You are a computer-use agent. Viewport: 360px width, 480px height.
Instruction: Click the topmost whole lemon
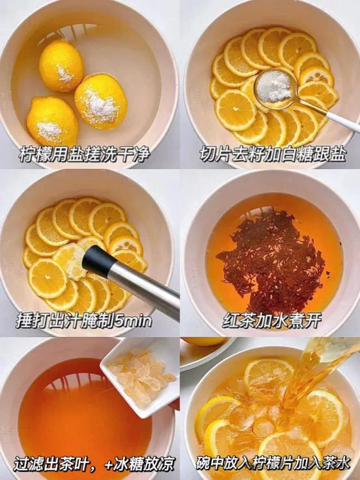click(x=61, y=66)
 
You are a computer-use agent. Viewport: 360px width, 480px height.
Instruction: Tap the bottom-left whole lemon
click(x=52, y=121)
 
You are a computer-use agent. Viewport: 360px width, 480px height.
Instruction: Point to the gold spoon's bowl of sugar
click(x=273, y=86)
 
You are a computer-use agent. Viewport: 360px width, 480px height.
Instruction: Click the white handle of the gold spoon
click(x=342, y=122)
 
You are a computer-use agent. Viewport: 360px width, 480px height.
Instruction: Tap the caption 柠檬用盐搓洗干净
click(x=84, y=155)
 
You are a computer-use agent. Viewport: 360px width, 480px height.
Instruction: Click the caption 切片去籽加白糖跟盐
click(x=273, y=155)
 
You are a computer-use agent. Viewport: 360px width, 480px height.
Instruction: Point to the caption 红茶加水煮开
click(x=271, y=321)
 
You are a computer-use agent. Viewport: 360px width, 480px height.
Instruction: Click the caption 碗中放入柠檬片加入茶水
click(x=273, y=464)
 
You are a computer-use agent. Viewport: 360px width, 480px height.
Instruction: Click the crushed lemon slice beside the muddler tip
click(x=70, y=261)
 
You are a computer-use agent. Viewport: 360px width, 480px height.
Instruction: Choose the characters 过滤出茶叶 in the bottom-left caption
click(x=52, y=464)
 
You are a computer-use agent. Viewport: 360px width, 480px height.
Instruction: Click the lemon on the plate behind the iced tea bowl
click(x=204, y=341)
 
